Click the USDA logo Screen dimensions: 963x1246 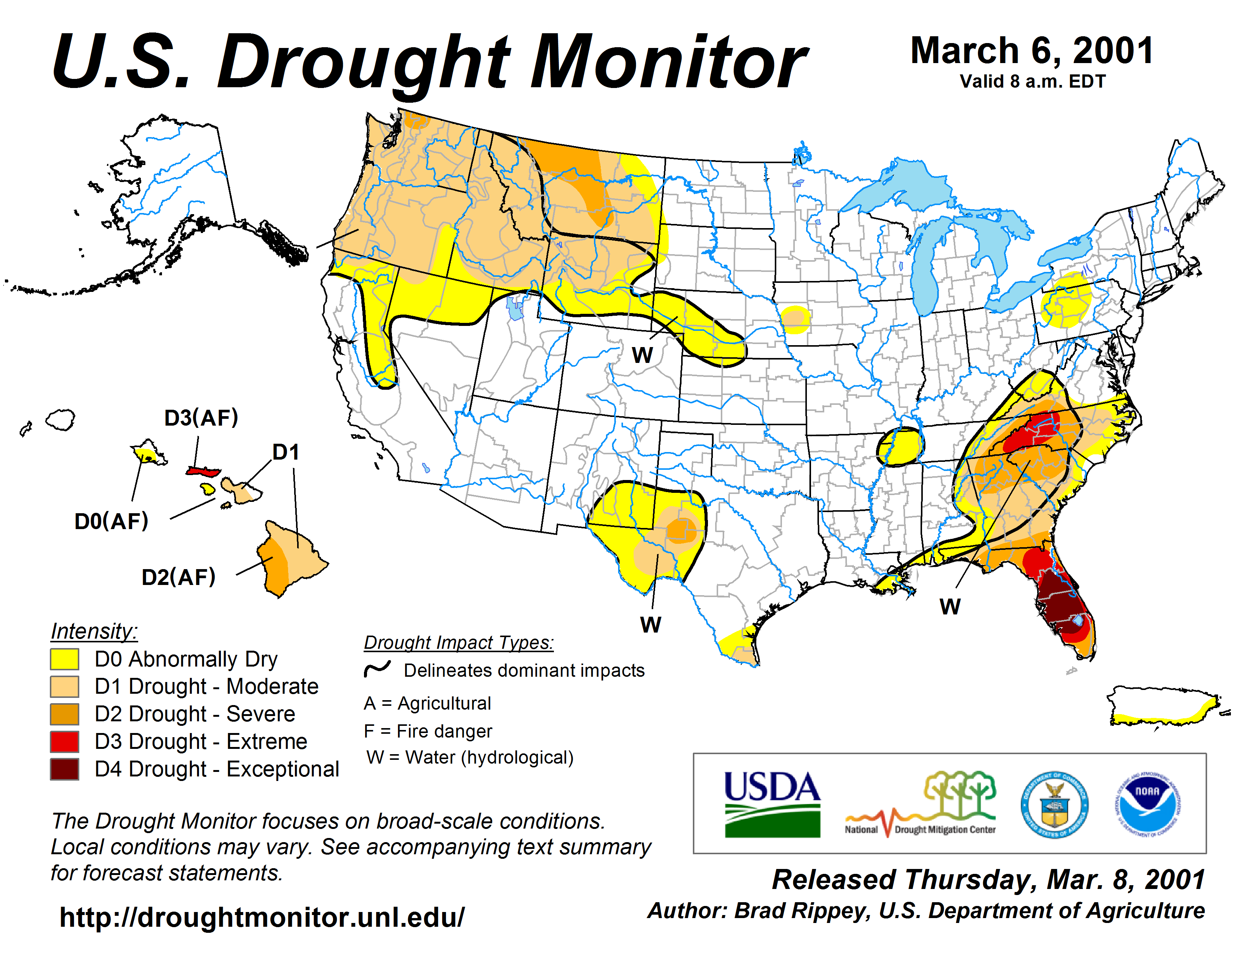coord(772,804)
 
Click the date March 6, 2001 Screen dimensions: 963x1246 coord(1032,51)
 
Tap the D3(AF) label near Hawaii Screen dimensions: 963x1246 coord(201,418)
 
